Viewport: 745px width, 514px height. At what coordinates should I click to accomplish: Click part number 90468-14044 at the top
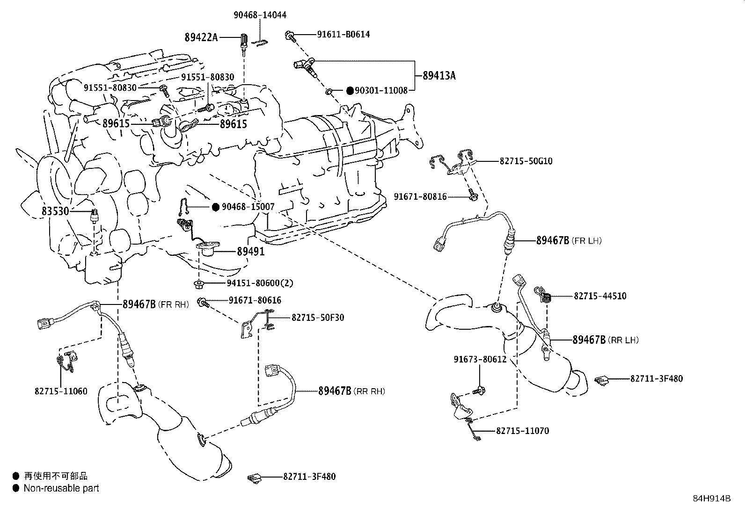[260, 15]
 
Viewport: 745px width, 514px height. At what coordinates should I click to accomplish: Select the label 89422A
[201, 37]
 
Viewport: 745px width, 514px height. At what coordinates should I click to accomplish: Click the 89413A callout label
[438, 75]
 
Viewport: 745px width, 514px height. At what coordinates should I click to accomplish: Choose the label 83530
[55, 211]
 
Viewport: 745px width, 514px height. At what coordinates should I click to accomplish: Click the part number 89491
[250, 252]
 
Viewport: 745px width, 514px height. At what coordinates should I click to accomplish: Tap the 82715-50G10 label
[526, 161]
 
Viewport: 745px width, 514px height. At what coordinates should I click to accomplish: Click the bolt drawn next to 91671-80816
[472, 195]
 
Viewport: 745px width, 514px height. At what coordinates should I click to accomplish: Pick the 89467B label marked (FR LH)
[552, 240]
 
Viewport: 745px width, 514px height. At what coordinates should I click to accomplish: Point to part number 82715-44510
[600, 296]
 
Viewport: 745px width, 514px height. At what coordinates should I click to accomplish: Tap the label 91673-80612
[480, 360]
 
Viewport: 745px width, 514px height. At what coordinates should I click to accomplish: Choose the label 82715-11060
[61, 391]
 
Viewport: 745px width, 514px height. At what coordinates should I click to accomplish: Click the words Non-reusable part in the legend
[61, 488]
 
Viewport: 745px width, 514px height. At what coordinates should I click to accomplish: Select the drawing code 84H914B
[712, 498]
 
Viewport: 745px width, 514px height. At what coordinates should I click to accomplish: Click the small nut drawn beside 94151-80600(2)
[198, 283]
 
